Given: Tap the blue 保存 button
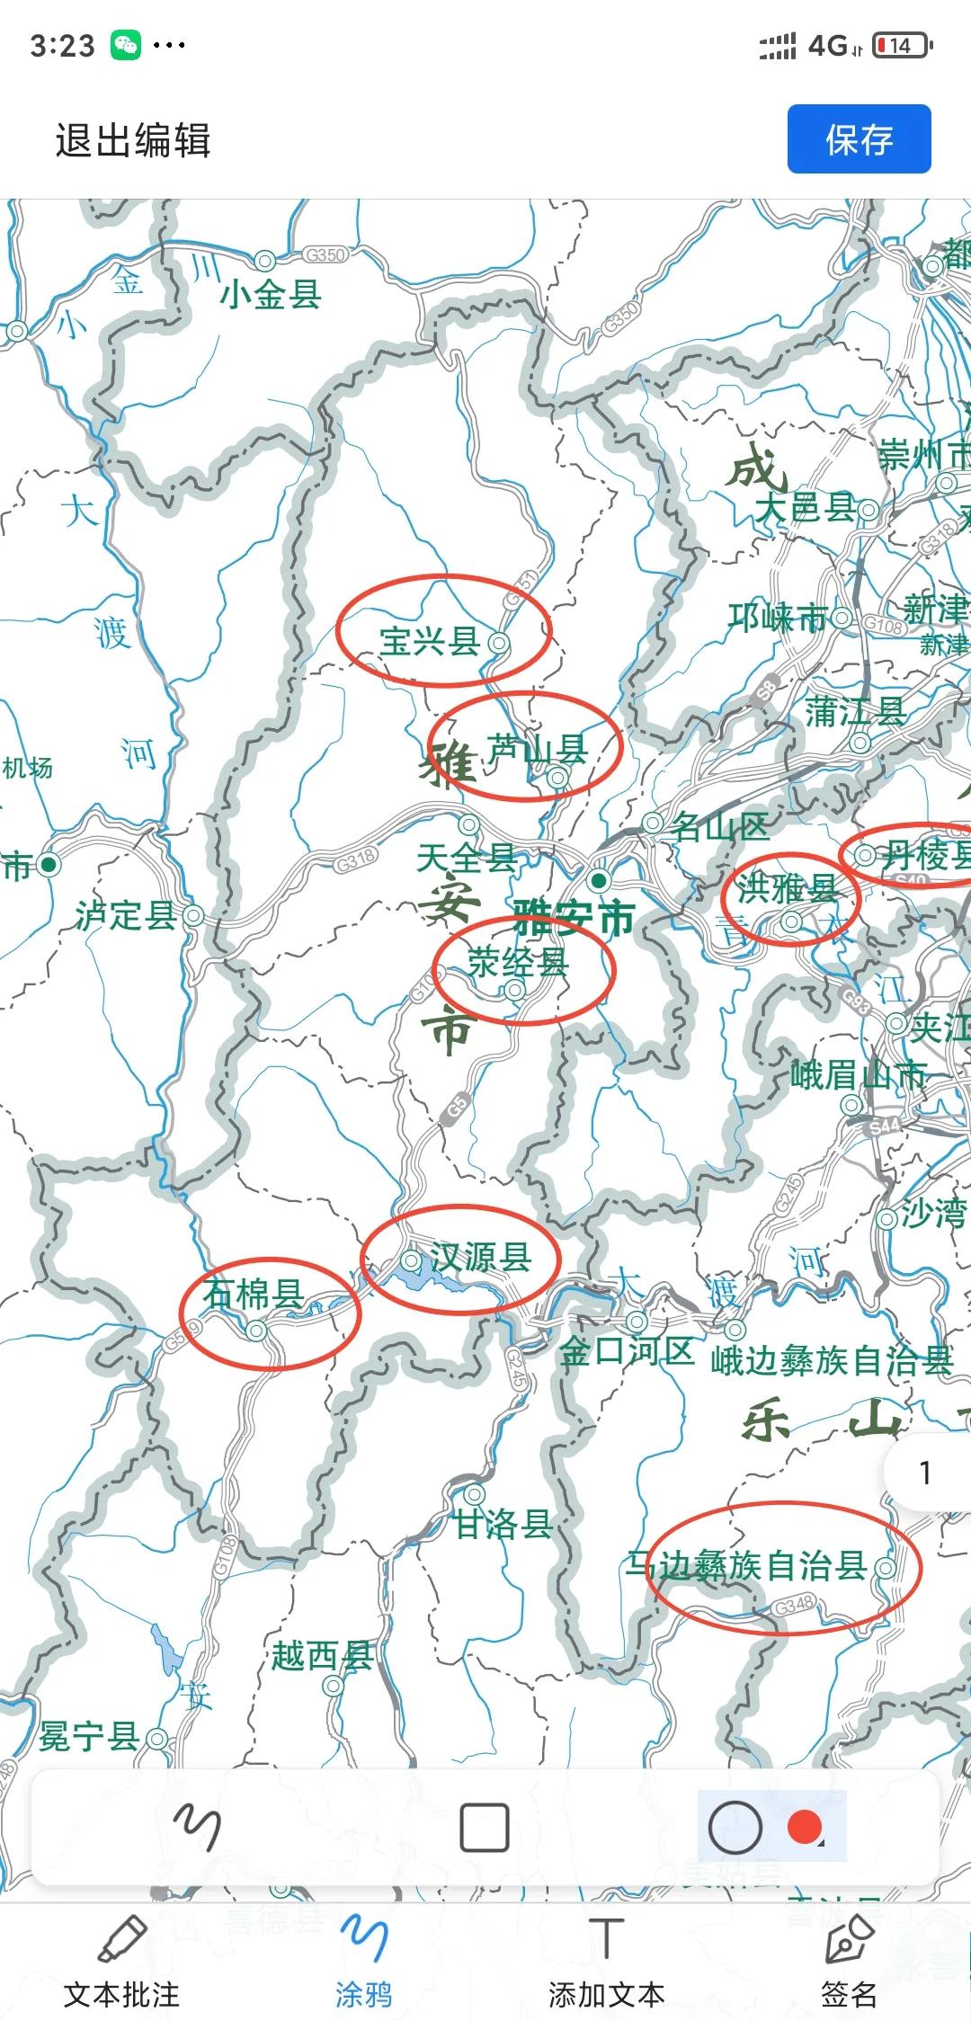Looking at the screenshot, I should point(859,139).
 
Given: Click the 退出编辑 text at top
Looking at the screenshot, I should point(133,141).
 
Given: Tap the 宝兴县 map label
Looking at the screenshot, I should point(429,641).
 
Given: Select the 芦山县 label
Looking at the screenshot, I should point(537,748).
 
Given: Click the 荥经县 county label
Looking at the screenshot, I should point(518,962).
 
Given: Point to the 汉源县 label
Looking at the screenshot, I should point(480,1257).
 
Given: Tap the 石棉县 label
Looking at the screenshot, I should point(253,1294).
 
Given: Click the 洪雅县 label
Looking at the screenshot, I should point(787,888).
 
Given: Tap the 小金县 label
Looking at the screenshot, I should point(271,294).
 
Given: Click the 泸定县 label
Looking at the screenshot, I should point(126,915).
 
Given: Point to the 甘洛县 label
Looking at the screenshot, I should point(502,1524).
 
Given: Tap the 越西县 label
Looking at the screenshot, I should point(322,1655).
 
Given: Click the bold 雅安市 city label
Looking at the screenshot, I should point(574,918).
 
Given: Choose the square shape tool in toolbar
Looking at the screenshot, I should point(485,1827).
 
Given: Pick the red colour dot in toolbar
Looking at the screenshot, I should point(804,1826).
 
